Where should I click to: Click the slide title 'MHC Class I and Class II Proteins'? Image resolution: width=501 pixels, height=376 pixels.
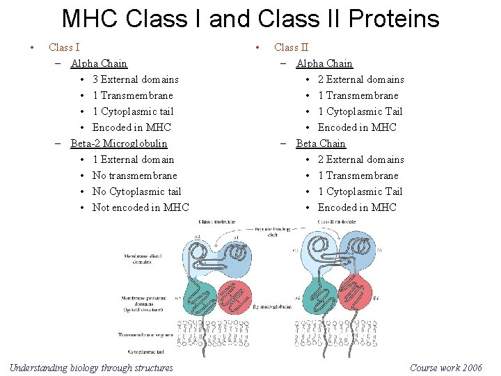click(x=250, y=19)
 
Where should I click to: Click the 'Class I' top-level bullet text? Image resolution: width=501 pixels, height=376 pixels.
click(x=64, y=47)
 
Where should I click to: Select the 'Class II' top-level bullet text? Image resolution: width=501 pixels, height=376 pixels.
click(x=291, y=47)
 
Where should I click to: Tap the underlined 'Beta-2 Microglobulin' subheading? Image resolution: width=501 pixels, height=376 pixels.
click(x=119, y=143)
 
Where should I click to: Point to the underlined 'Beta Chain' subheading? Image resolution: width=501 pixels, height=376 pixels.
click(x=321, y=143)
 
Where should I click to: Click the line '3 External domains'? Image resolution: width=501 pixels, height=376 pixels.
click(x=135, y=79)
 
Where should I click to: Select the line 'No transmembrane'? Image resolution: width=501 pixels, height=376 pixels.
click(x=134, y=175)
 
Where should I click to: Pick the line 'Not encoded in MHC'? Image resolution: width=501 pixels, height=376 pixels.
click(x=141, y=207)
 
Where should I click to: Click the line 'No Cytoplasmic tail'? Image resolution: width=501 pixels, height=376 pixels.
click(x=136, y=191)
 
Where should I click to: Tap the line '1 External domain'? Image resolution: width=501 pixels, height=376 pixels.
click(x=133, y=159)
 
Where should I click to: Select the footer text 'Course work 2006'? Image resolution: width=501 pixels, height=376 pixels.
click(x=446, y=368)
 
